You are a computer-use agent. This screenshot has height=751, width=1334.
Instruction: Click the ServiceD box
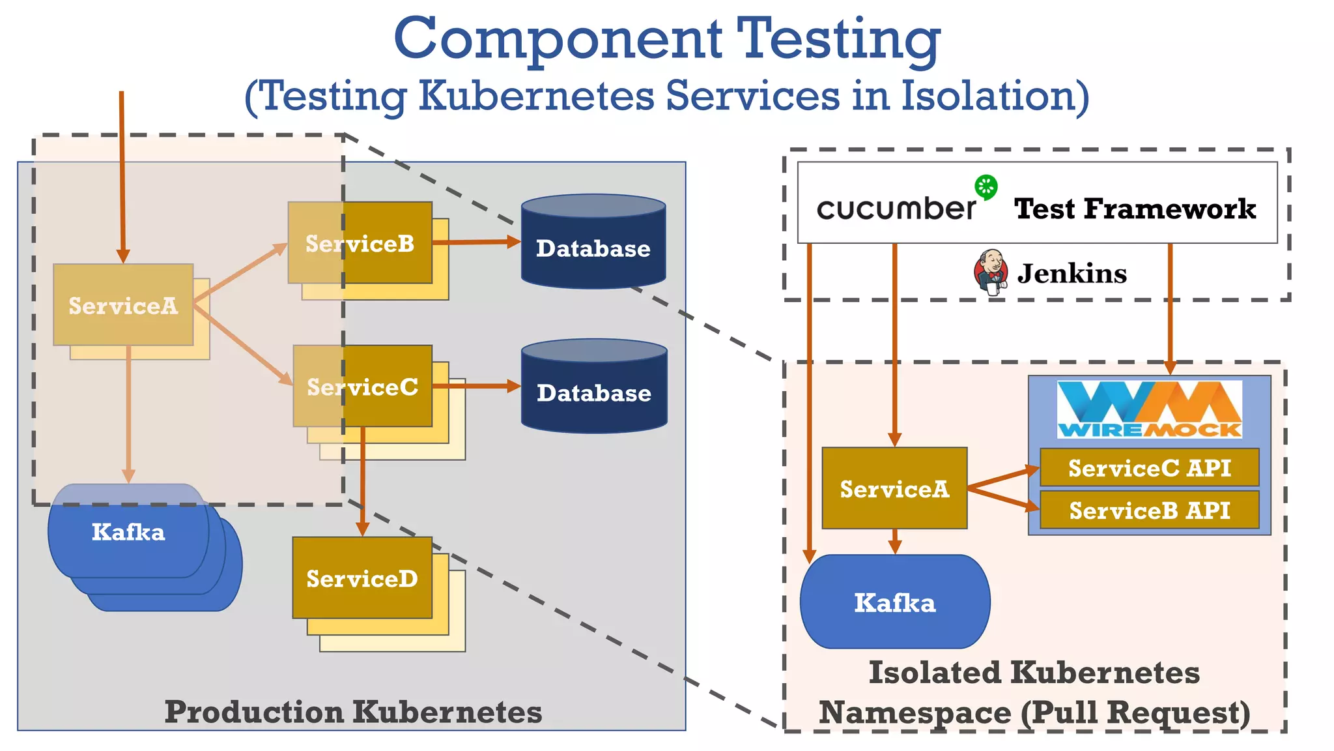pos(362,578)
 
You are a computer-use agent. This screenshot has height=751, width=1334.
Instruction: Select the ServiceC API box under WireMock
pos(1149,467)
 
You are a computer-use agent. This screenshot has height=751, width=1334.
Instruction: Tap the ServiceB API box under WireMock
pos(1149,510)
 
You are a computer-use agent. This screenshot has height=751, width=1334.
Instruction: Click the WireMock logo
pos(1149,409)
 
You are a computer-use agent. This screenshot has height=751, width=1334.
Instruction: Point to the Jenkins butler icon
pos(991,272)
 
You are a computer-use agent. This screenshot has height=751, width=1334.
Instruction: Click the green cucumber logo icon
pos(986,187)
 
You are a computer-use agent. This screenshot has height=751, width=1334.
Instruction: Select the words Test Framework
pos(1135,209)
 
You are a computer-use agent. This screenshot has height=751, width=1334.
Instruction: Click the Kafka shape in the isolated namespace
pos(894,602)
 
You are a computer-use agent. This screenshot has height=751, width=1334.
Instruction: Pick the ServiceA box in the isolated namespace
pos(894,488)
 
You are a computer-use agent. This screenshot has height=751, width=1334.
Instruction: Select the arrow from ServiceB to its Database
pos(475,242)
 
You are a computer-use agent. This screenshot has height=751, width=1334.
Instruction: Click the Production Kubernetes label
pos(353,711)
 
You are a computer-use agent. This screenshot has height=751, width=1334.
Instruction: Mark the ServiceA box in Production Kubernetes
pos(123,305)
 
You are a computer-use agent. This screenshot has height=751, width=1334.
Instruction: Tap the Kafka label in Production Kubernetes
pos(128,532)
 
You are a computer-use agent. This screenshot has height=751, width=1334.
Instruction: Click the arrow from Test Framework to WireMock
pos(1170,306)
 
